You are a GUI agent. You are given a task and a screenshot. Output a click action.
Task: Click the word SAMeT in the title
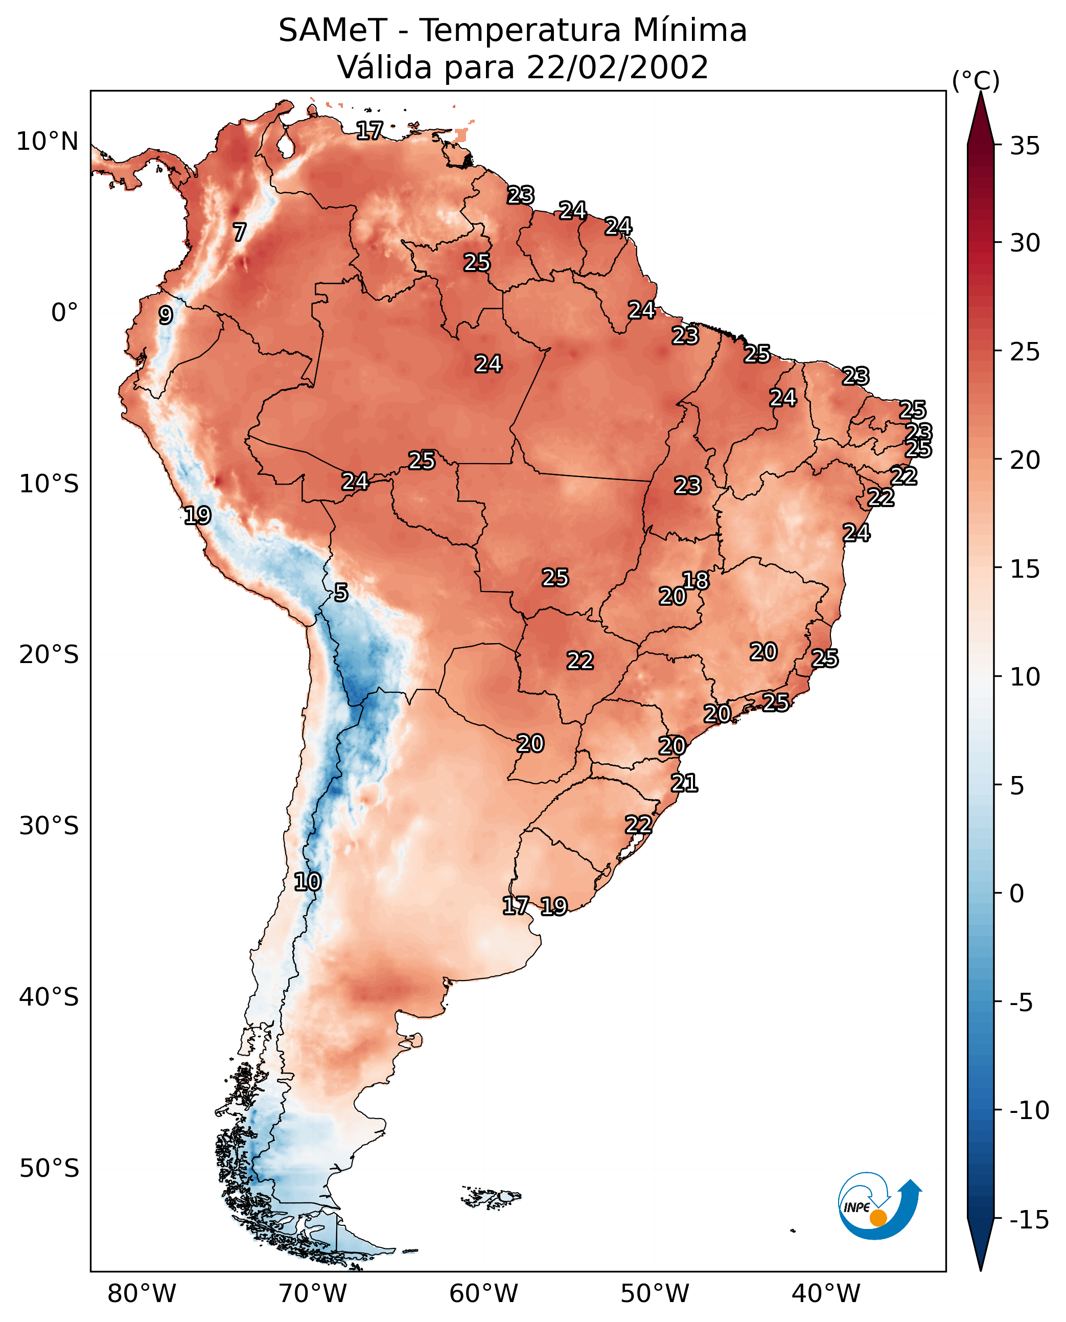click(x=332, y=31)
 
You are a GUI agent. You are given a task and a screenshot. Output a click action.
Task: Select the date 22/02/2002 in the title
click(x=617, y=67)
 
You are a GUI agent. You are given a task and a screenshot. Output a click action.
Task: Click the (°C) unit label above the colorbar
click(x=976, y=81)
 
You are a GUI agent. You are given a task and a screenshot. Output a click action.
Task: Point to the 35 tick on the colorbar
click(x=1025, y=146)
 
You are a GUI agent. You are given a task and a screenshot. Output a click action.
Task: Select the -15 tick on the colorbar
click(x=1029, y=1219)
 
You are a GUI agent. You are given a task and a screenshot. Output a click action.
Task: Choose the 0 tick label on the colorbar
click(x=1017, y=893)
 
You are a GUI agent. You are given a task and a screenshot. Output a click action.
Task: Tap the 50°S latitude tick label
click(x=49, y=1168)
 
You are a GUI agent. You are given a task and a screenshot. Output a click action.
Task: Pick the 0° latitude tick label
click(x=64, y=313)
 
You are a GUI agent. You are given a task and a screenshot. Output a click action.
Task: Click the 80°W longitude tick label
click(x=142, y=1293)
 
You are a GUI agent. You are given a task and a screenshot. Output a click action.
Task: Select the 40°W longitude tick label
click(x=826, y=1293)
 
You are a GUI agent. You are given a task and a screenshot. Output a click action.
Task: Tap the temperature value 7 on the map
click(x=240, y=232)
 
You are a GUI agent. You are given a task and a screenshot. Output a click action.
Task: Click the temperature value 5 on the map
click(x=341, y=593)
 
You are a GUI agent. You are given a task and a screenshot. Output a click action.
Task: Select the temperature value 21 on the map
click(x=684, y=783)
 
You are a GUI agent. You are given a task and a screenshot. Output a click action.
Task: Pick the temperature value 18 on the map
click(x=696, y=581)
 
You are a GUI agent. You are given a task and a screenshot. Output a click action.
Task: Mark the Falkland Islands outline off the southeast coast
click(x=492, y=1197)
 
